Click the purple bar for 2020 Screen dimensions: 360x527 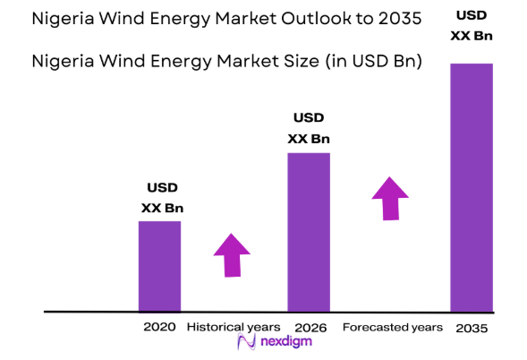(159, 266)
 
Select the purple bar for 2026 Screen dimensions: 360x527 (308, 232)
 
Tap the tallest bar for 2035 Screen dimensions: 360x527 (471, 187)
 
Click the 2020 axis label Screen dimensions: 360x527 (159, 327)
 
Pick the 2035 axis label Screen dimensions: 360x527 (471, 328)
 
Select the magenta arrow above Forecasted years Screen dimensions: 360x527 (389, 198)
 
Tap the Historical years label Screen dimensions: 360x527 (234, 327)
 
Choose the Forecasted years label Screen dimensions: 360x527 (392, 327)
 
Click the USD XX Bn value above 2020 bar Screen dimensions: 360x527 (162, 197)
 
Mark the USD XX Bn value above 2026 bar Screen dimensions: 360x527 (308, 128)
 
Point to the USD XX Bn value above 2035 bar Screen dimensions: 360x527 (471, 26)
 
